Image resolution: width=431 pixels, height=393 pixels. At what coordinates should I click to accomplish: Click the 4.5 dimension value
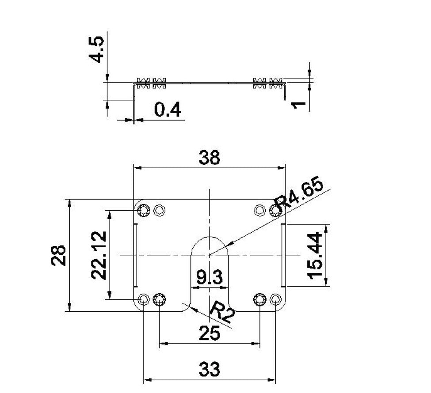97,49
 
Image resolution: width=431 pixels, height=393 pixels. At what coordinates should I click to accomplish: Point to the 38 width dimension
209,158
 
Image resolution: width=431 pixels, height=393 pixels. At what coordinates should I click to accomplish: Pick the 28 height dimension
59,255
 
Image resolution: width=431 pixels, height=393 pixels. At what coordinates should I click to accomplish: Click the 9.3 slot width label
210,278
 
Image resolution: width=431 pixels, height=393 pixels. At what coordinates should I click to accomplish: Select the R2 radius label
221,311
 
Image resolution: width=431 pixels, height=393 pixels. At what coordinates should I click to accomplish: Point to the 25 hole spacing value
209,333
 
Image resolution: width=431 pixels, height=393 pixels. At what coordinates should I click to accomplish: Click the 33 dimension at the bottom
210,369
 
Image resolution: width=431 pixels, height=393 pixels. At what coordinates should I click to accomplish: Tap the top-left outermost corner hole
144,211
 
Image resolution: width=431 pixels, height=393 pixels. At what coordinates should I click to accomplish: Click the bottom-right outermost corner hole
276,299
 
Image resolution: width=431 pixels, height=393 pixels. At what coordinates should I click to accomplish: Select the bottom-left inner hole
159,299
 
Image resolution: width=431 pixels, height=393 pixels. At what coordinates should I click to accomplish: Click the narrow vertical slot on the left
136,255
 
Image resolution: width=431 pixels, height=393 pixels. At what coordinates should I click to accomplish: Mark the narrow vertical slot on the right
283,255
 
